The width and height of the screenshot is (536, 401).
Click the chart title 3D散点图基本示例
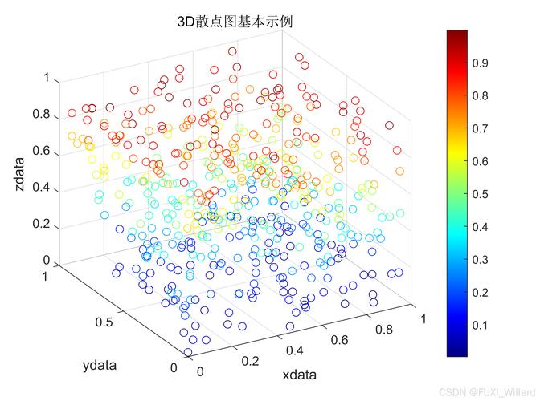[x=235, y=22]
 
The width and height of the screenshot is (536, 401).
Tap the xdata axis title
[x=299, y=375]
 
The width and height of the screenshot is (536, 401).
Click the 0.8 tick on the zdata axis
[x=42, y=115]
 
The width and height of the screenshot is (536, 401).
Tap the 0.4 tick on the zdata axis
[x=42, y=188]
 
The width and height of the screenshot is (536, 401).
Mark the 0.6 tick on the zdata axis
[x=42, y=151]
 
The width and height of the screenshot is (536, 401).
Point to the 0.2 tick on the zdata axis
[x=42, y=224]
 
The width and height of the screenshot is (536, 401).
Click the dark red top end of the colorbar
[x=457, y=34]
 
